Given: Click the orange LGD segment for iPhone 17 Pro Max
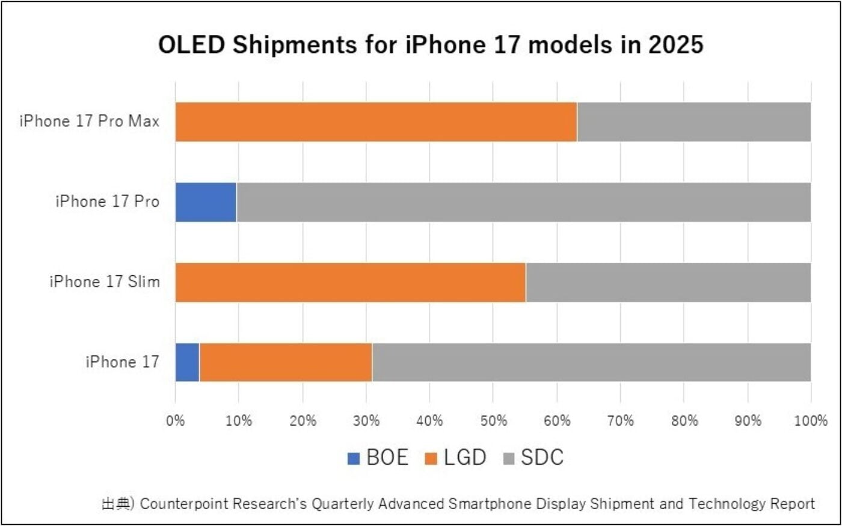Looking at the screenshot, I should coord(376,122).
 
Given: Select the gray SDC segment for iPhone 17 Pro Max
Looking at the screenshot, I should coord(693,122).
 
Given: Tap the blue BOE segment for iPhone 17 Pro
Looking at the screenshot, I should coord(206,202).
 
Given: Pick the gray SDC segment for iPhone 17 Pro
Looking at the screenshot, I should coord(523,202).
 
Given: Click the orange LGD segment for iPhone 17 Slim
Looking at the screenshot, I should coord(350,282).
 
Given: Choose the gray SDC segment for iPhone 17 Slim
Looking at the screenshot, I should coord(668,282).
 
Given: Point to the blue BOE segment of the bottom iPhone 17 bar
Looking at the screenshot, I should coord(187,362).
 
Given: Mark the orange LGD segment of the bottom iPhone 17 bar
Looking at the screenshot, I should coord(286,362).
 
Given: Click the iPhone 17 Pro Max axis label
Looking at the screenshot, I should coord(89,121).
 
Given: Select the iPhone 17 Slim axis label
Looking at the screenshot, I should coord(105,281).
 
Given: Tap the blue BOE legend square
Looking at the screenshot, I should coord(354,459).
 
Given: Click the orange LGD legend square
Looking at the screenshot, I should coord(431,459).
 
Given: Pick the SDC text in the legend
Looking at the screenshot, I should coord(542,458).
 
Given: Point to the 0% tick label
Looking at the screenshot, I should coord(176,421).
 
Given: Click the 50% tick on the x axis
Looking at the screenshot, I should coord(493,421).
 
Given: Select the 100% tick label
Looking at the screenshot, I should coord(811,421).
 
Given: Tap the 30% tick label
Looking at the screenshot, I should coord(366,421).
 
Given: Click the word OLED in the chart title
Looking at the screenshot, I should coord(191,46).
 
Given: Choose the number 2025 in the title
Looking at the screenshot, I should coord(675,46).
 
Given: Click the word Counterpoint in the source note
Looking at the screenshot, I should coord(183,504).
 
